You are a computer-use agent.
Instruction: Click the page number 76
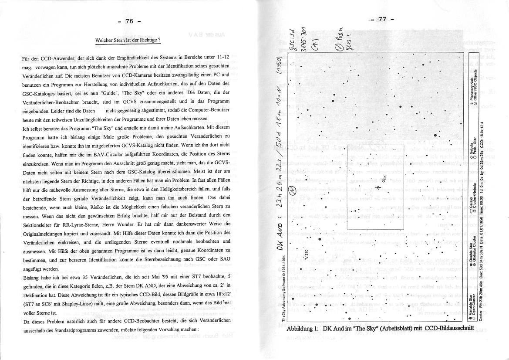[129, 21]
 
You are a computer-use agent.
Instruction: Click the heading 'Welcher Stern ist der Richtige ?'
[128, 41]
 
